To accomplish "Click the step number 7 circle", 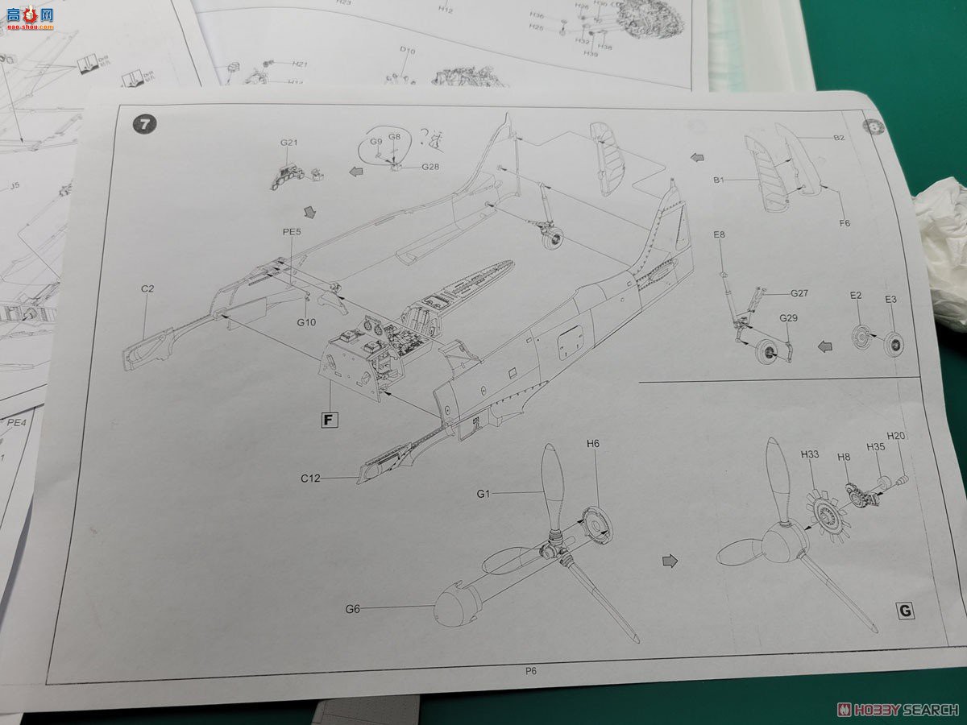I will (144, 124).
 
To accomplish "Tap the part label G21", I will (289, 143).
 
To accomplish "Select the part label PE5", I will (292, 231).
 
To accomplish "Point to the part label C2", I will (147, 288).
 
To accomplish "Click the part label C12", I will (311, 478).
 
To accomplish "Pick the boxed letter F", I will (328, 419).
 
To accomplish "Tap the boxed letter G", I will (906, 611).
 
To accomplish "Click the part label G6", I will (352, 609).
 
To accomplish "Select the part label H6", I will (593, 443).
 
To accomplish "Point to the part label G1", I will (483, 494).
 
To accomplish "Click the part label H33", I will (809, 455).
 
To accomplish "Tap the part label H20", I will (896, 436).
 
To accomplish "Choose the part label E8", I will (719, 234).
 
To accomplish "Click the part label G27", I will (799, 293).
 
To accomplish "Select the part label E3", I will (890, 299).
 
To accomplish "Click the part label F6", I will (844, 223).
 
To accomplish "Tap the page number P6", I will (530, 669).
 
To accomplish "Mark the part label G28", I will (431, 167).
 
